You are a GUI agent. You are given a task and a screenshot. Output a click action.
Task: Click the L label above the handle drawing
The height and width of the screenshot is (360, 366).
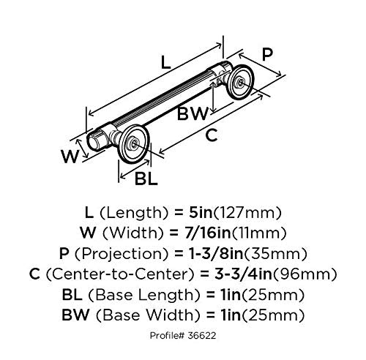[x=165, y=62]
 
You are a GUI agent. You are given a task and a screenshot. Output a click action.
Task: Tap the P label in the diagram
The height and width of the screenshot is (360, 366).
[x=267, y=54]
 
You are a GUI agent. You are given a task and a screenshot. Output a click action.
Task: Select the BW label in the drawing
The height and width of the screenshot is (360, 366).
[x=193, y=113]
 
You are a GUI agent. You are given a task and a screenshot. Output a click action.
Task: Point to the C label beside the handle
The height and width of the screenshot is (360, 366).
[x=212, y=135]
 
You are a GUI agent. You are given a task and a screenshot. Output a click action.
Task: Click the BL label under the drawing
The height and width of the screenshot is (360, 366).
[x=146, y=179]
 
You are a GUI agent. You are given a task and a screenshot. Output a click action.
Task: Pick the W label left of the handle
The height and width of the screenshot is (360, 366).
[x=70, y=157]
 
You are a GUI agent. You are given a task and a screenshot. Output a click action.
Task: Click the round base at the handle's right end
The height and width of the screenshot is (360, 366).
[x=240, y=82]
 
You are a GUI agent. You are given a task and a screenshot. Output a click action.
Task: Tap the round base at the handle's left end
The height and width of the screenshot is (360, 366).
[x=133, y=143]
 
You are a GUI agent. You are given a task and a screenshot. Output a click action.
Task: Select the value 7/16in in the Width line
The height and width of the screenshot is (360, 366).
[x=206, y=233]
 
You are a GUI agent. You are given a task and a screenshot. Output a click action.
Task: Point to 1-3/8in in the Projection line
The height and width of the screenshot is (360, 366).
[x=216, y=254]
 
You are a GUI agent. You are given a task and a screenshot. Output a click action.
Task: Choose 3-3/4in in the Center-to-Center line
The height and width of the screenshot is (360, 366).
[x=243, y=274]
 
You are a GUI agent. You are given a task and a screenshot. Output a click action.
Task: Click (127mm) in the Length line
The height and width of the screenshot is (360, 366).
[x=247, y=213]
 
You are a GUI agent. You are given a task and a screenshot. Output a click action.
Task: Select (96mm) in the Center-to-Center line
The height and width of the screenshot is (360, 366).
[x=305, y=274]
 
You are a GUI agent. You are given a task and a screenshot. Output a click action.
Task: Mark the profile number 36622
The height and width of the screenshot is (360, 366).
[x=202, y=336]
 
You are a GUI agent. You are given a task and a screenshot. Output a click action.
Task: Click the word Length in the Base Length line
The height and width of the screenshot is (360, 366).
[x=165, y=296]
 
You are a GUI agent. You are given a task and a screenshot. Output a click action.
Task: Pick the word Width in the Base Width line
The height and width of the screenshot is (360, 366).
[x=172, y=315]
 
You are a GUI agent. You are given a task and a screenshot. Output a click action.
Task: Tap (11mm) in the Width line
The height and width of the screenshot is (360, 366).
[x=259, y=233]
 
